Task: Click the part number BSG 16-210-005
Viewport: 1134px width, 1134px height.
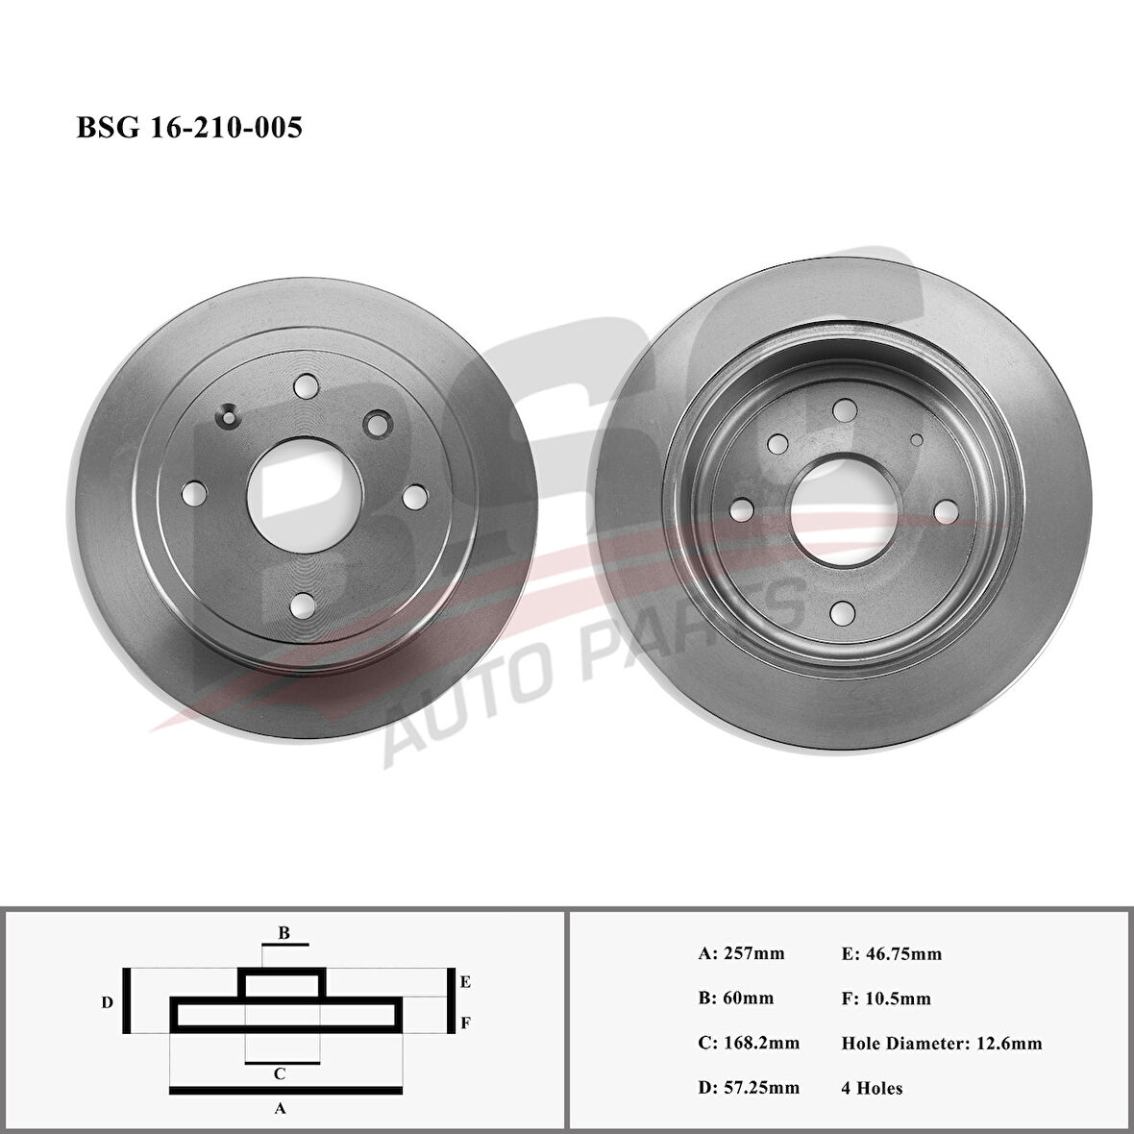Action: (189, 128)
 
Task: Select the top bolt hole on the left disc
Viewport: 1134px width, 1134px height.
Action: (307, 386)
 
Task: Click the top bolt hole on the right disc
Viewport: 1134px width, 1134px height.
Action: (845, 410)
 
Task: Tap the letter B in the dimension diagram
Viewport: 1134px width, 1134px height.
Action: (283, 932)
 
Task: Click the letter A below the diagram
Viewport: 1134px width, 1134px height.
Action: (281, 1108)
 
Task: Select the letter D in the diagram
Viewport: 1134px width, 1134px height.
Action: (108, 1002)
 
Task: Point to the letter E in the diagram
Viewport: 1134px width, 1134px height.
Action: (464, 982)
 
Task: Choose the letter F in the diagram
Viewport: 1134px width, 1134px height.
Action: (464, 1023)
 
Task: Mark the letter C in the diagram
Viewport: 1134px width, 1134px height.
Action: (279, 1073)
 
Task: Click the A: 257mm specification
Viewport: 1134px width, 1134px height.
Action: (741, 953)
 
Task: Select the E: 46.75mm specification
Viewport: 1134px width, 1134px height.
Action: (891, 953)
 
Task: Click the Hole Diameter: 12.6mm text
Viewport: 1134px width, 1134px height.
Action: (942, 1043)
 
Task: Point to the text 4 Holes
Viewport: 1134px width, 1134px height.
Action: (872, 1088)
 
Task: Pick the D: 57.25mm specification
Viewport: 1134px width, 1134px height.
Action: (749, 1088)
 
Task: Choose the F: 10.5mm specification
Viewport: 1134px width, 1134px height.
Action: (886, 998)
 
